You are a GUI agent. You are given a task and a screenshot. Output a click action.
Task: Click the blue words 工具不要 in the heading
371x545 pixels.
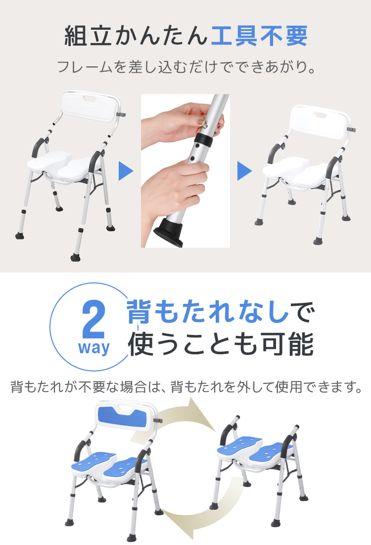point(259,36)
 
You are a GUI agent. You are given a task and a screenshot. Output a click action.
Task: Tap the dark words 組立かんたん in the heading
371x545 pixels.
point(136,36)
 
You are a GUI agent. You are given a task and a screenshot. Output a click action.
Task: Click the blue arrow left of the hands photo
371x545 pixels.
point(126,170)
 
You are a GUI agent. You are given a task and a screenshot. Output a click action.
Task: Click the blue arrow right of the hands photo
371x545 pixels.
point(244,170)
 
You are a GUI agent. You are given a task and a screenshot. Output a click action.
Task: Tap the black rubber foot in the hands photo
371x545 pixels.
point(169,234)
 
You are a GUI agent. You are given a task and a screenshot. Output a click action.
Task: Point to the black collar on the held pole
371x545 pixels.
point(205,140)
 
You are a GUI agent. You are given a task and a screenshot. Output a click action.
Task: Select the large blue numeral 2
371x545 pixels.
point(93,320)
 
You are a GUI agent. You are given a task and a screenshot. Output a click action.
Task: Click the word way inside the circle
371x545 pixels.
point(93,348)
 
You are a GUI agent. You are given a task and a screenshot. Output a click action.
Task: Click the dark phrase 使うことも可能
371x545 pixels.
point(221,344)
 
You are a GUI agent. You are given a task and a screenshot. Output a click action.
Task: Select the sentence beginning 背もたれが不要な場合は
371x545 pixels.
point(186,386)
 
